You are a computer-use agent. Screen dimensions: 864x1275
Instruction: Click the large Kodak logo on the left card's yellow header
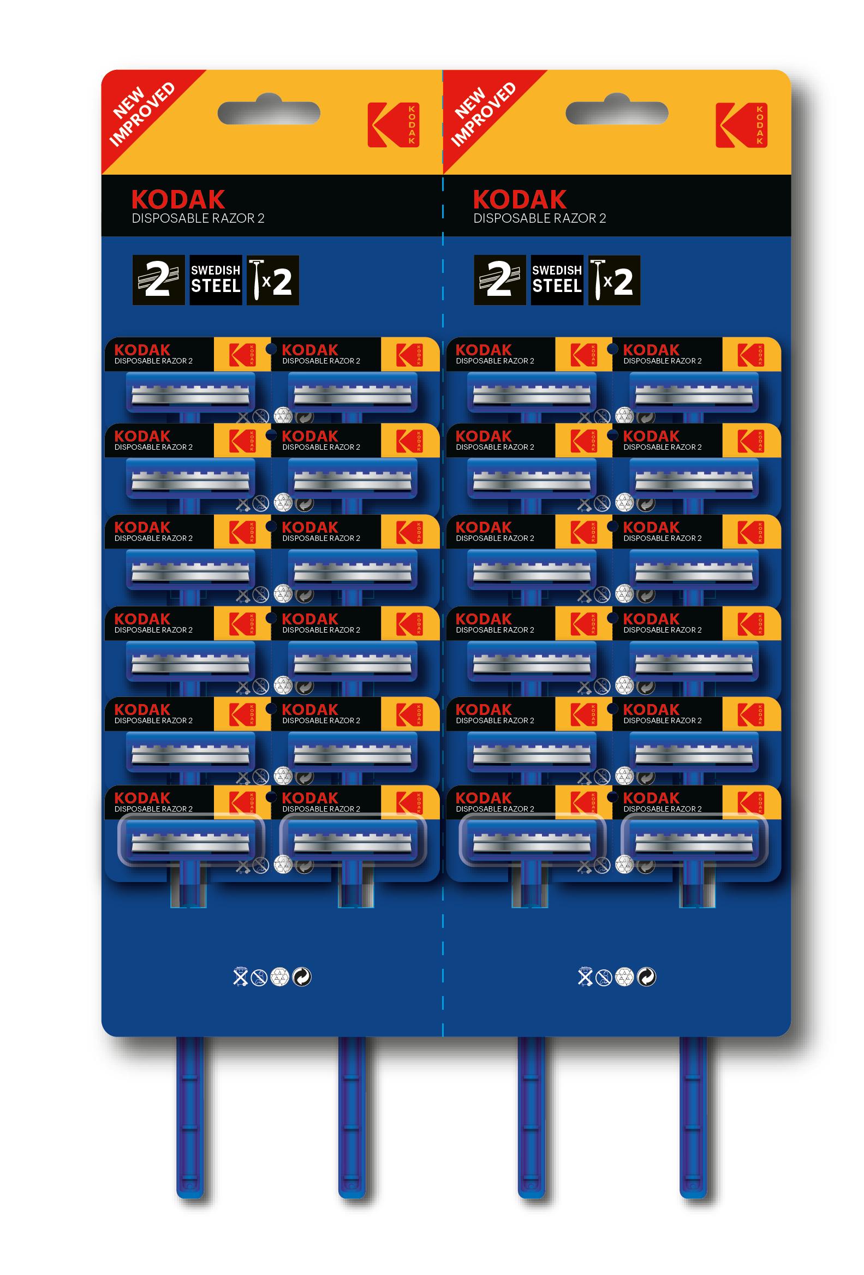coord(394,124)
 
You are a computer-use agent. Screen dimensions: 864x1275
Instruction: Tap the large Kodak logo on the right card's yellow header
coord(741,124)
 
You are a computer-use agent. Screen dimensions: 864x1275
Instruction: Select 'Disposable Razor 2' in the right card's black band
coord(540,218)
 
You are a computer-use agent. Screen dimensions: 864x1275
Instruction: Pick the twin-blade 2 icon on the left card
coord(158,281)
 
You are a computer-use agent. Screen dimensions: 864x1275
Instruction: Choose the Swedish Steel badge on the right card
coord(557,281)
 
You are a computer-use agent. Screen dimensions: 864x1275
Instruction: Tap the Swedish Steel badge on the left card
coord(216,281)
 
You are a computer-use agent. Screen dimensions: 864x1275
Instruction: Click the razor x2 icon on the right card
coord(614,281)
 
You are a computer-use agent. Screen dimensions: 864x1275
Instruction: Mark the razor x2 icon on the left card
coord(273,281)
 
